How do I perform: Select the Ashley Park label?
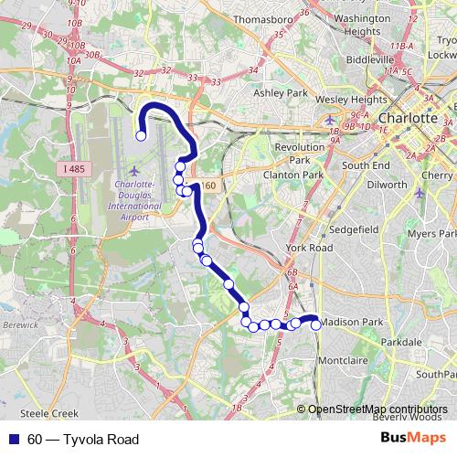280,93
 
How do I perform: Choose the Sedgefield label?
352,228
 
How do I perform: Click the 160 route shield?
209,186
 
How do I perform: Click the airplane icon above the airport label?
135,171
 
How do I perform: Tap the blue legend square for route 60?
15,440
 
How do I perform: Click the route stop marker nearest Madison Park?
316,324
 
